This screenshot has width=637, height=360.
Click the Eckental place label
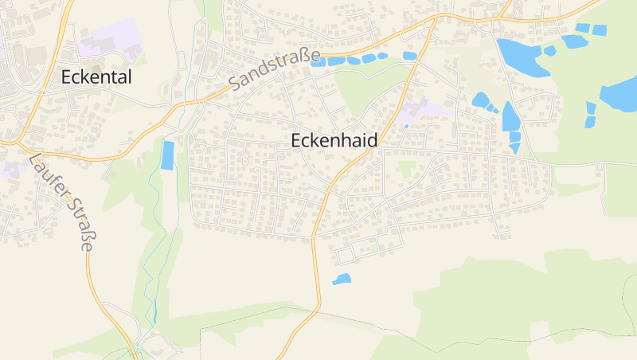(x=96, y=77)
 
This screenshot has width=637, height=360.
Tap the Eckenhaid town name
(x=334, y=140)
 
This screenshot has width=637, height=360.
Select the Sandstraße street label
(x=274, y=70)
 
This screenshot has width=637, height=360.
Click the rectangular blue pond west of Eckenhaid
(x=167, y=155)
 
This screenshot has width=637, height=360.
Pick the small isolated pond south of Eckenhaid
(x=341, y=279)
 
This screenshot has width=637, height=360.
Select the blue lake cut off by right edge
(x=620, y=94)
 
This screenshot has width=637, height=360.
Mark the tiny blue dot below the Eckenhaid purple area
(x=407, y=126)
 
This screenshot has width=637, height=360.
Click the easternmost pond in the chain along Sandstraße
(x=409, y=56)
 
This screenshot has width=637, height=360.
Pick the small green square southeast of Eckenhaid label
(x=407, y=168)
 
